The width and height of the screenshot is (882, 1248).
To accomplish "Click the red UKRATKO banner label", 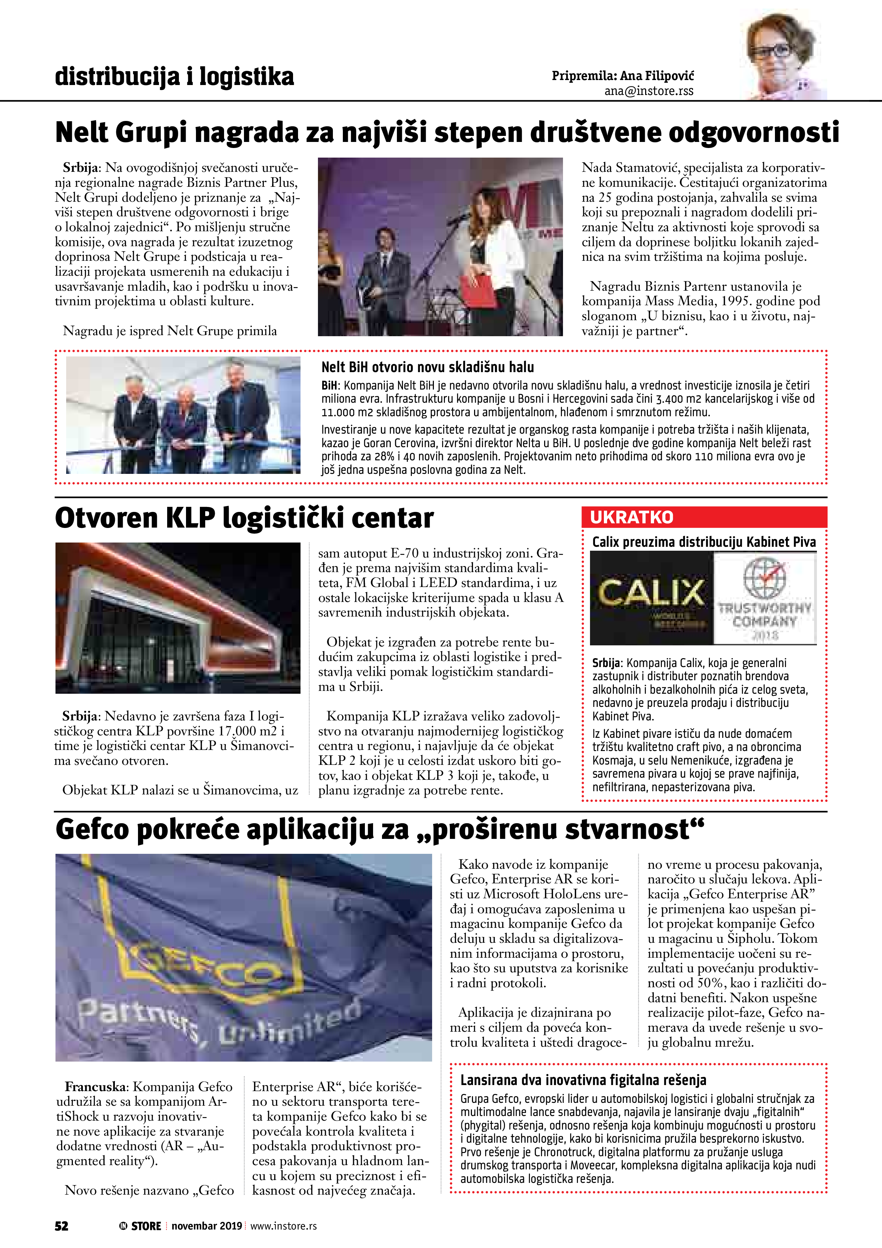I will [x=632, y=517].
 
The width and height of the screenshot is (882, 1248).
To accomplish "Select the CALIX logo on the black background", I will [x=651, y=593].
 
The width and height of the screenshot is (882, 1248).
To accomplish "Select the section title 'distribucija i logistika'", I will [x=174, y=76].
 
